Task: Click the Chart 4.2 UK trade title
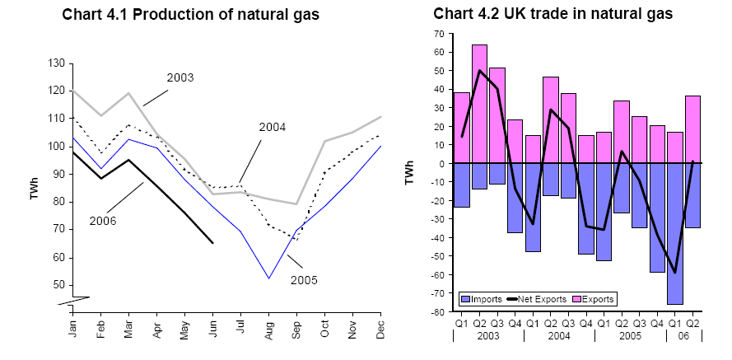click(553, 15)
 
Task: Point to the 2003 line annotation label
click(180, 78)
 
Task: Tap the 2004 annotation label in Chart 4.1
click(273, 127)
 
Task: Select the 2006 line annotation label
click(103, 221)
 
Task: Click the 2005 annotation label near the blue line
click(304, 280)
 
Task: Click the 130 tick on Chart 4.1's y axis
click(57, 63)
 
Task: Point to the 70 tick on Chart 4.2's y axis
click(439, 34)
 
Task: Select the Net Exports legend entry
click(536, 299)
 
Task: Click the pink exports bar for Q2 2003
click(479, 104)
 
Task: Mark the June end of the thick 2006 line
click(213, 243)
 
